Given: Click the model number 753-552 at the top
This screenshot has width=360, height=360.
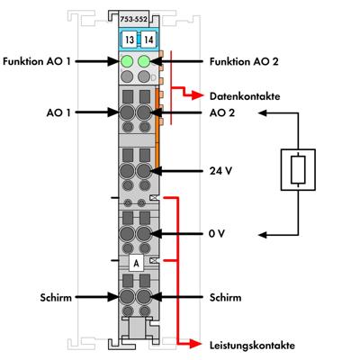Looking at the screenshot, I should click(134, 18).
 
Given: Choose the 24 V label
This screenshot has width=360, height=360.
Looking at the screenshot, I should click(218, 169).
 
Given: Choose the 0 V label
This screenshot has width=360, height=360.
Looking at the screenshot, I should click(215, 232).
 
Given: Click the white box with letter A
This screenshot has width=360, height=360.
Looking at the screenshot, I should click(135, 263).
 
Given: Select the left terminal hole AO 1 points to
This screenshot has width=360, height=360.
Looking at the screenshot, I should click(127, 113).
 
